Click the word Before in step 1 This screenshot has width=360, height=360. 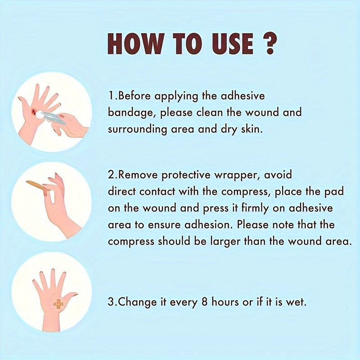click(x=134, y=95)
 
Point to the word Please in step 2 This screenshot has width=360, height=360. click(x=252, y=224)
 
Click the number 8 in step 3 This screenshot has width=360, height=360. click(x=205, y=302)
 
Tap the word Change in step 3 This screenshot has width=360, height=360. click(x=137, y=302)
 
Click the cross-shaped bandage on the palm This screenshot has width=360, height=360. click(x=58, y=304)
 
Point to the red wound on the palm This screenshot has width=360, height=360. click(x=34, y=111)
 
